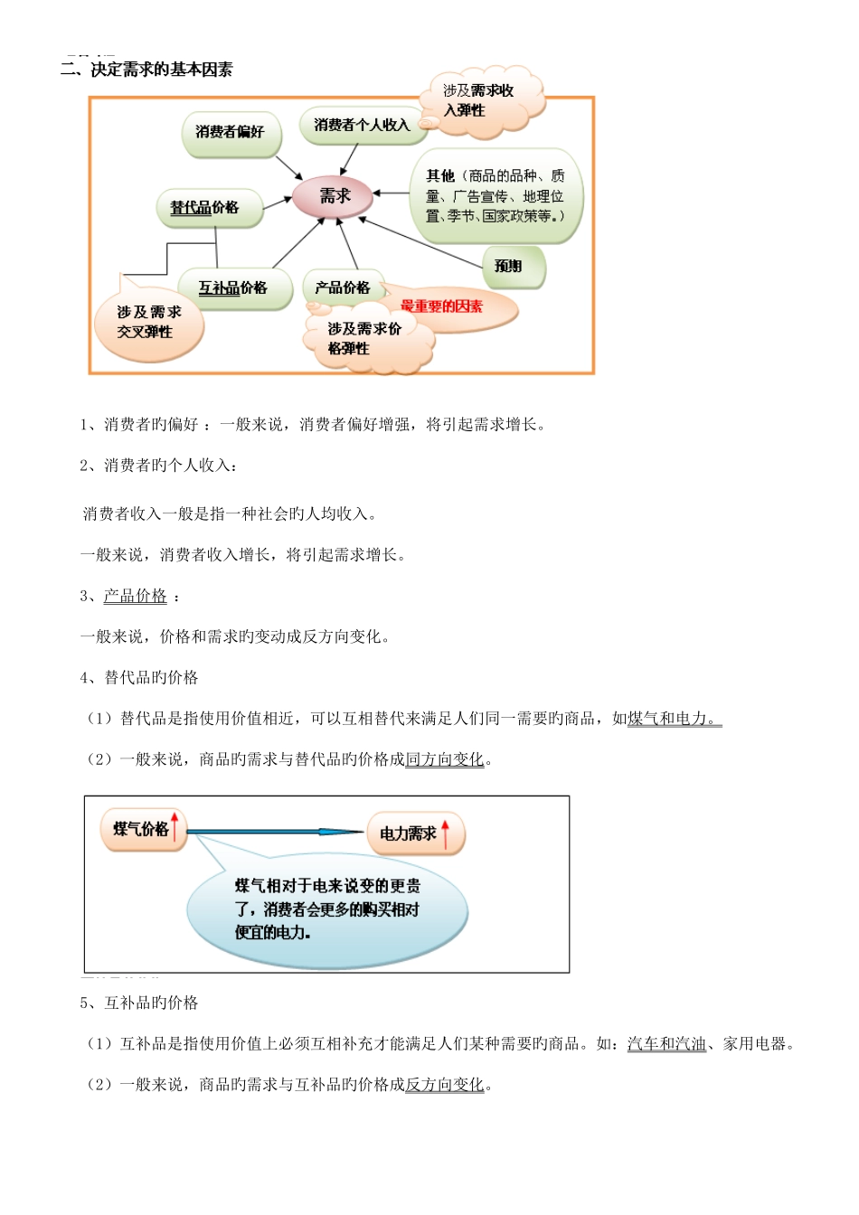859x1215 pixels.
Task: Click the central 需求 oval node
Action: (x=334, y=196)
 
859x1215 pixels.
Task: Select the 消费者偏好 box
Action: (x=231, y=133)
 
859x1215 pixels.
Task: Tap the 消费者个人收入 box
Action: (x=362, y=126)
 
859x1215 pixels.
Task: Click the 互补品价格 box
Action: (x=233, y=288)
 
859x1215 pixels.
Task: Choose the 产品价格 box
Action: (x=343, y=288)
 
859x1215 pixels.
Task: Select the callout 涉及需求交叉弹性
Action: (x=150, y=323)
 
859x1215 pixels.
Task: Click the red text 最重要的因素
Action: (x=442, y=307)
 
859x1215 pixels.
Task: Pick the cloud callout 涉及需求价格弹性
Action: (x=365, y=339)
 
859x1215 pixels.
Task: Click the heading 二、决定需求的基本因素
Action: (x=146, y=70)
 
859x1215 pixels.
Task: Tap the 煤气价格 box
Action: (x=141, y=829)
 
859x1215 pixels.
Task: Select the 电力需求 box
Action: (x=409, y=834)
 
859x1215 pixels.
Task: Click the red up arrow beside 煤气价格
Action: (x=175, y=827)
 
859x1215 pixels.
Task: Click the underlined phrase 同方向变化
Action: (x=445, y=759)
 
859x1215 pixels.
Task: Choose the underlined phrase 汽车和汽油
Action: (x=666, y=1044)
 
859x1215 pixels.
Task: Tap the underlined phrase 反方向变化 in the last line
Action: (x=445, y=1085)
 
